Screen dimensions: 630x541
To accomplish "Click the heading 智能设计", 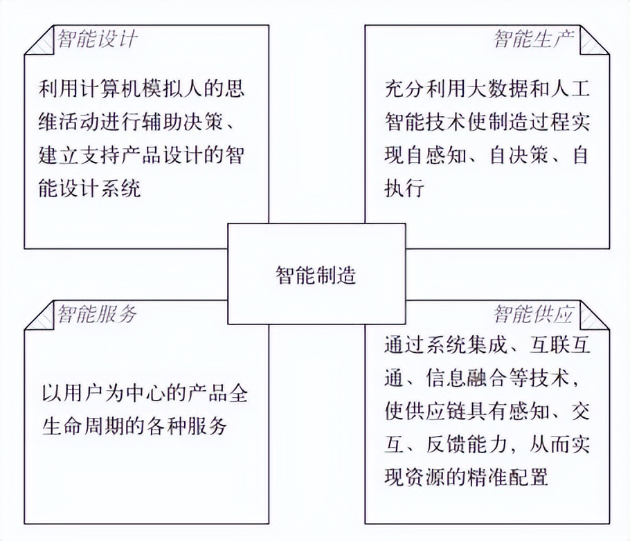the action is (x=97, y=39).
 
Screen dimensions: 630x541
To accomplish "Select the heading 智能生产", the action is (x=534, y=39).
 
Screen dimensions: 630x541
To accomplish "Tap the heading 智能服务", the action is (x=97, y=313).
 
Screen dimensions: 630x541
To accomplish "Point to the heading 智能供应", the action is (x=534, y=313).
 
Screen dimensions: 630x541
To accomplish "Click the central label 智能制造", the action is (x=316, y=275).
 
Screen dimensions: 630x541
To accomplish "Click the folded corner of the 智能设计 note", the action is (x=39, y=39).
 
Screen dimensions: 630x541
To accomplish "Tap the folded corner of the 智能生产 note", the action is (x=595, y=39).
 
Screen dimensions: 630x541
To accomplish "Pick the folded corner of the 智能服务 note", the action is (x=39, y=315).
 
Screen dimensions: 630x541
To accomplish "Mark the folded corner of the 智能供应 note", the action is (x=595, y=315).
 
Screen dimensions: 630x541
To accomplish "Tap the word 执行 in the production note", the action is (x=404, y=188).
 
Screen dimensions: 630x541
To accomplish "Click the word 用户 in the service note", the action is (x=84, y=393).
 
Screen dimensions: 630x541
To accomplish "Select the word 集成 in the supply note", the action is (x=487, y=346).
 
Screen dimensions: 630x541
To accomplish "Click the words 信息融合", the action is (x=467, y=378).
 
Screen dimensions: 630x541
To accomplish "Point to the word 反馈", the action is (x=446, y=445).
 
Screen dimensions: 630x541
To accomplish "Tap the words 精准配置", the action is (x=508, y=478).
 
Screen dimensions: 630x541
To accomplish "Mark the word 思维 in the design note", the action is (x=141, y=105).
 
